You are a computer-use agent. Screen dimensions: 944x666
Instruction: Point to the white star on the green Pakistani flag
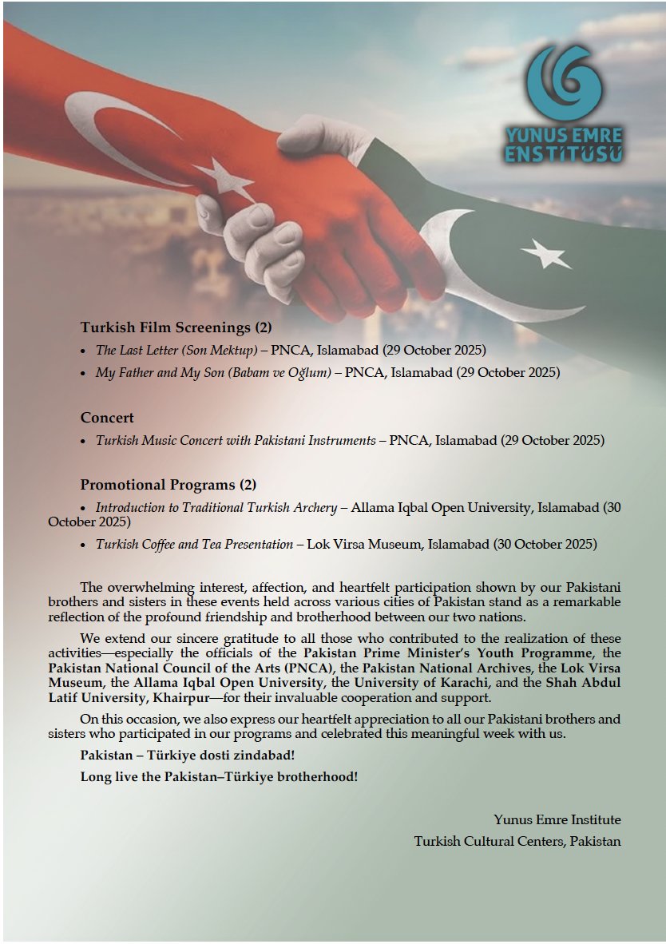pos(545,254)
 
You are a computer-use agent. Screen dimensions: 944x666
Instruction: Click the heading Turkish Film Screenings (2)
pos(176,327)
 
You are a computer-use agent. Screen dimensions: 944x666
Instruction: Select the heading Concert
pos(107,417)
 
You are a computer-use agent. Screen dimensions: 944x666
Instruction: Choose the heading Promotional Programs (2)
pos(168,485)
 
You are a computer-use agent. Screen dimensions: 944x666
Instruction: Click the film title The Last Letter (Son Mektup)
pos(176,350)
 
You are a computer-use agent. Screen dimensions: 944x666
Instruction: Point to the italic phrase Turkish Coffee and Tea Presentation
pos(194,544)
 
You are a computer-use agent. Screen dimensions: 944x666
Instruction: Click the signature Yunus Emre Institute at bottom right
pos(557,819)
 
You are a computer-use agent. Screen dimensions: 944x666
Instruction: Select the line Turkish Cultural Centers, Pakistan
pos(517,841)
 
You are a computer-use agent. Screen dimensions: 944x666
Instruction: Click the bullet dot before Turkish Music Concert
pos(84,441)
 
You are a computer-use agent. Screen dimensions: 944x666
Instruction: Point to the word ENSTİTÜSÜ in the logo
pos(563,154)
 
